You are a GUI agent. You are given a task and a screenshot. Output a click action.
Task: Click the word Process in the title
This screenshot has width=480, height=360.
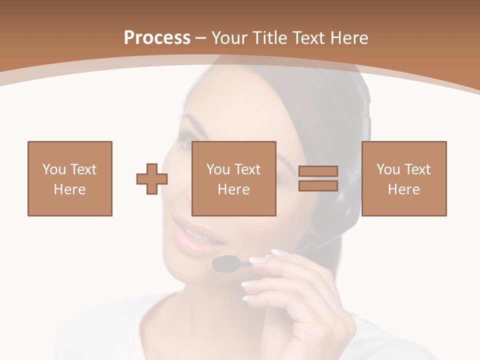point(157,38)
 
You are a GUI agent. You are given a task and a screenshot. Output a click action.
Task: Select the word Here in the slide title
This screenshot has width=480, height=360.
point(348,38)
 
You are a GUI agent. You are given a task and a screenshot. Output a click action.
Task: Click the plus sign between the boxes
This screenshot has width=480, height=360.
point(152,179)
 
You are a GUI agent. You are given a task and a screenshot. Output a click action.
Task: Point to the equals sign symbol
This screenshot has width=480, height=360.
point(318,178)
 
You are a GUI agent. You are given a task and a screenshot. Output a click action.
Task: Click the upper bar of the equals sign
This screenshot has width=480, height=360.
point(318,171)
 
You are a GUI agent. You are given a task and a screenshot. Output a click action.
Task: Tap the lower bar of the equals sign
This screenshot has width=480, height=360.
point(318,185)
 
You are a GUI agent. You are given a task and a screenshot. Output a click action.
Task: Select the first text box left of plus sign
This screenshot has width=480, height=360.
point(69,178)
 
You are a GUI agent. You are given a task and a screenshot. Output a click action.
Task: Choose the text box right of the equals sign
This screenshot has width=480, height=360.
point(403,178)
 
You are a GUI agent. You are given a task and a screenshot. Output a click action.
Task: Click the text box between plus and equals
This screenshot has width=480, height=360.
point(233,178)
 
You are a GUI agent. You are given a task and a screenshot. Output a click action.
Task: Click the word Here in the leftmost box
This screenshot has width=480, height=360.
point(69,189)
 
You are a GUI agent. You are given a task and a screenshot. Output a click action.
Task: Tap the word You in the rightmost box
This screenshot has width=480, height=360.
point(387,169)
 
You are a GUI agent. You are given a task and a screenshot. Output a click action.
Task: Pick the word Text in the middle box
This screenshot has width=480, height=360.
point(248,169)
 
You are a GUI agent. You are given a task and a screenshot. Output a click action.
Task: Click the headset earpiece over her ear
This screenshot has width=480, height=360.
point(350,200)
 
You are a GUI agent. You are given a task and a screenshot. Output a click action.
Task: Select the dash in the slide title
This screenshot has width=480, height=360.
point(201,38)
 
